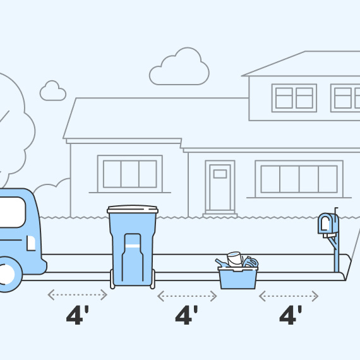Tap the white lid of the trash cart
(x=133, y=209)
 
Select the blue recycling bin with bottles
(x=237, y=277)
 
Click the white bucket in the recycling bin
(x=235, y=259)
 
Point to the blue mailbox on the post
(x=328, y=224)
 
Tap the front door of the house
(x=220, y=187)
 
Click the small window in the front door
(x=220, y=174)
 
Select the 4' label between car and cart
(x=78, y=315)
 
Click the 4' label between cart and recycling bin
(x=186, y=315)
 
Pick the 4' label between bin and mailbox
(x=291, y=315)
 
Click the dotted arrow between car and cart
(x=78, y=295)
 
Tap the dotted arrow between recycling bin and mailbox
(x=289, y=296)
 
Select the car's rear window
(x=12, y=212)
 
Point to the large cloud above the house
(x=179, y=66)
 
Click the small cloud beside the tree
(x=53, y=91)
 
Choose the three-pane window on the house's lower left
(x=130, y=174)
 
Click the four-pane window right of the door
(x=299, y=179)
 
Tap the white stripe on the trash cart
(x=133, y=246)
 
